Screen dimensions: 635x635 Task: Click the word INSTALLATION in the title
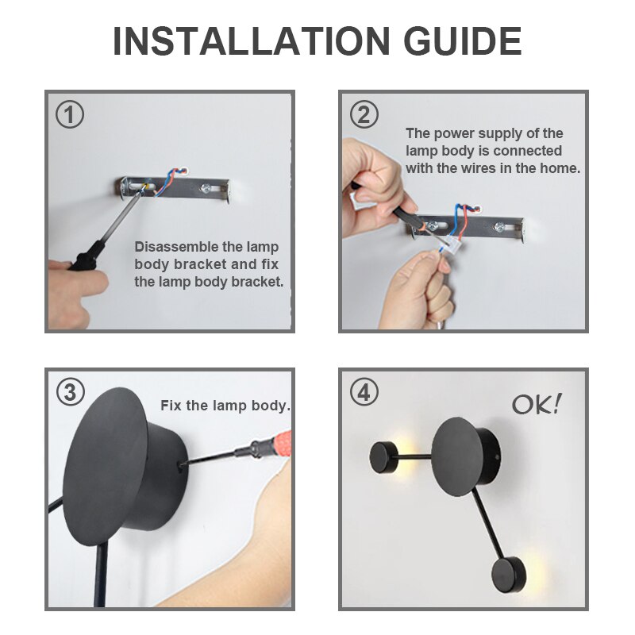pos(252,41)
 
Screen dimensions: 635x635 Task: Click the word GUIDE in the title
pos(463,41)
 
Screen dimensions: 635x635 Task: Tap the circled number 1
pos(70,114)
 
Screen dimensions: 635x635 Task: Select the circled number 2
pos(364,114)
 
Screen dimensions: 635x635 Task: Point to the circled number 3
pos(70,392)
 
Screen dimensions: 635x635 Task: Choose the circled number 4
pos(364,392)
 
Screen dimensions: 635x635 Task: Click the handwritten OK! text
pos(537,404)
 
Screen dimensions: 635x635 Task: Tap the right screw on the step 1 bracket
pos(206,188)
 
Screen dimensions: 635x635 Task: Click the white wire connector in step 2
pos(451,245)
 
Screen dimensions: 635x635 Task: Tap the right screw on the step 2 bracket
pos(499,227)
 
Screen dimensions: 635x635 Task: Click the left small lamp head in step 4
pos(384,458)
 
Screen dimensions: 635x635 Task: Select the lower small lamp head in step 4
pos(509,575)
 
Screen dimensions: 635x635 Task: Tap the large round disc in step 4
pos(458,457)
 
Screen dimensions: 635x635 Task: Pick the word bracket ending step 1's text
pos(257,282)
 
